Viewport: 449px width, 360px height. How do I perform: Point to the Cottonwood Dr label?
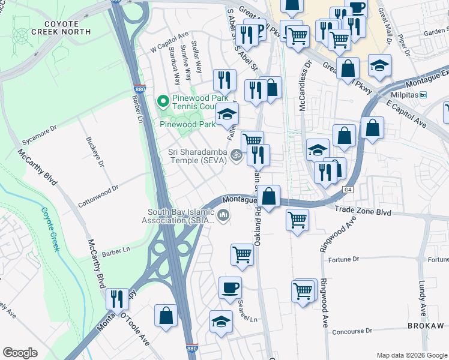(98, 191)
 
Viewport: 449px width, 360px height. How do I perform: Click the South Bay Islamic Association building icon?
(223, 215)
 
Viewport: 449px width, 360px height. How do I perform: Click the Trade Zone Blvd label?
(363, 212)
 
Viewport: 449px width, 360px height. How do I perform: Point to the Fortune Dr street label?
(344, 259)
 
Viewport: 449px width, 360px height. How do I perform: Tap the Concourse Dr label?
(352, 331)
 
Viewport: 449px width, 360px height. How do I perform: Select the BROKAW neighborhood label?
(426, 326)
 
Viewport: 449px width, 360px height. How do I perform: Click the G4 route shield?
(347, 190)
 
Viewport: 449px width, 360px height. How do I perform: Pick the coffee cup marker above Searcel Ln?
(229, 287)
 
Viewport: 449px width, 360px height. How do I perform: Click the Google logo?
(20, 353)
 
